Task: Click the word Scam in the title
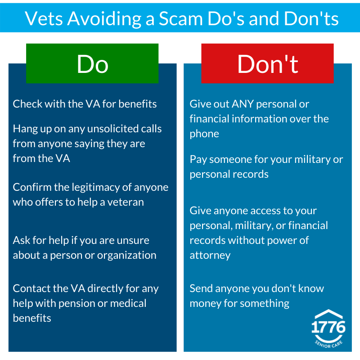(x=181, y=18)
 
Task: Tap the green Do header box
(x=92, y=63)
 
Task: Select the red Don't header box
(x=267, y=63)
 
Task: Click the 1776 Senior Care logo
(x=328, y=328)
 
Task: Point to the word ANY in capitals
(x=243, y=104)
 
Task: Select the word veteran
(x=126, y=202)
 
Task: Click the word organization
(x=127, y=256)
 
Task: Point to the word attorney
(x=210, y=256)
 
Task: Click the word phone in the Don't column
(x=204, y=134)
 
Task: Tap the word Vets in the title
(x=44, y=18)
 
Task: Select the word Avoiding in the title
(x=104, y=19)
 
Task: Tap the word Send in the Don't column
(x=201, y=288)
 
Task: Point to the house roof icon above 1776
(x=328, y=314)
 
